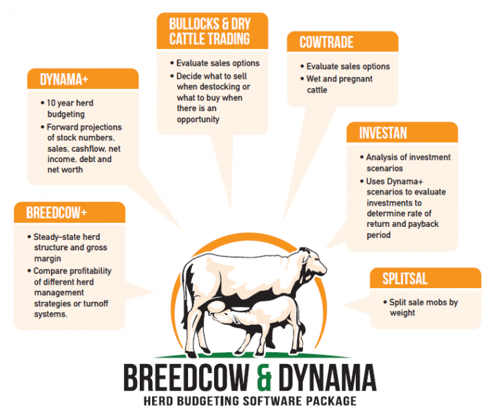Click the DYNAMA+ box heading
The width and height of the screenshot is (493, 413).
pyautogui.click(x=64, y=79)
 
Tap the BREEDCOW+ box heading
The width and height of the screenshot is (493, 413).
pyautogui.click(x=56, y=213)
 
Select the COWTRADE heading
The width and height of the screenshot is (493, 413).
pyautogui.click(x=326, y=42)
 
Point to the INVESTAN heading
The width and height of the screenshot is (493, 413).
pyautogui.click(x=383, y=133)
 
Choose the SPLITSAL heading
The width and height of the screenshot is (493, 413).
pyautogui.click(x=405, y=279)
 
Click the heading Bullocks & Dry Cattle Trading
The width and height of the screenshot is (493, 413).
pyautogui.click(x=210, y=32)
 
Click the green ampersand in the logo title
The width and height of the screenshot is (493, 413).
pyautogui.click(x=264, y=377)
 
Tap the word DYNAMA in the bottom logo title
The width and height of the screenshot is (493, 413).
pyautogui.click(x=327, y=377)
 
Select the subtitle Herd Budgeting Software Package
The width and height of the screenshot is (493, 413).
pyautogui.click(x=250, y=401)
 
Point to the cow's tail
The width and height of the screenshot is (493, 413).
pyautogui.click(x=189, y=283)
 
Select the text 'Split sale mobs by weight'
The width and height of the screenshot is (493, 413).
pyautogui.click(x=421, y=308)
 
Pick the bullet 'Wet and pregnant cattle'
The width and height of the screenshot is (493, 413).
pyautogui.click(x=337, y=84)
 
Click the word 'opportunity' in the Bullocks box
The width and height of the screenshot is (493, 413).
pyautogui.click(x=198, y=119)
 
